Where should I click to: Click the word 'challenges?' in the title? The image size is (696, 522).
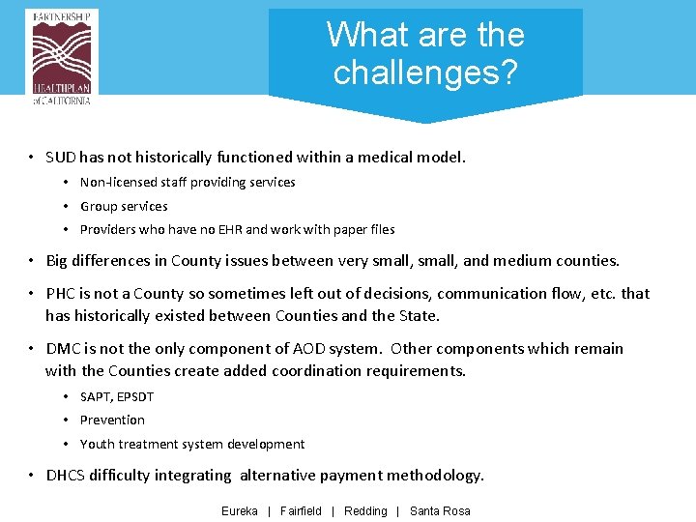[425, 72]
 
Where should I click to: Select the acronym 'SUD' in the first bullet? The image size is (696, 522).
[62, 157]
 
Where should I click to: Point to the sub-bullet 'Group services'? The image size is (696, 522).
[124, 206]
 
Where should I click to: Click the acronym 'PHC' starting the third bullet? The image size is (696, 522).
[62, 293]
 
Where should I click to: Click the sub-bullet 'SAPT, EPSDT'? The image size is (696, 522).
[117, 396]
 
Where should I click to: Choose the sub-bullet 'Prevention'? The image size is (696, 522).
[112, 420]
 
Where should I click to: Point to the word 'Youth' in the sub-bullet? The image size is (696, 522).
[98, 445]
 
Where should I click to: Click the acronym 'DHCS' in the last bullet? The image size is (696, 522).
[66, 475]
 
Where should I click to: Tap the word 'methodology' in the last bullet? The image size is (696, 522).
[434, 475]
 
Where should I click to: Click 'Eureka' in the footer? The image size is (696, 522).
[240, 511]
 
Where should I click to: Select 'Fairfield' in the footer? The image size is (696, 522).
[301, 511]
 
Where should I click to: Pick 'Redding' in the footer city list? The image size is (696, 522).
[365, 511]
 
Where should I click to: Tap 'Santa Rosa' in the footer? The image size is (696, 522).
[440, 511]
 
